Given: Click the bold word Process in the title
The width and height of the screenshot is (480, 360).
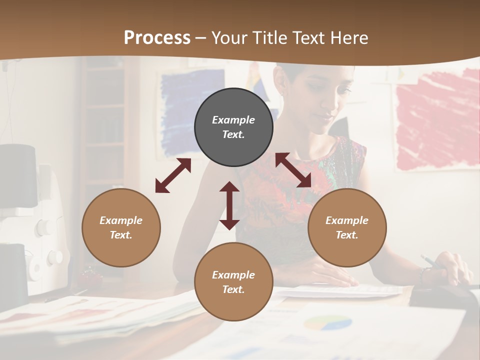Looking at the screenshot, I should coord(157,38).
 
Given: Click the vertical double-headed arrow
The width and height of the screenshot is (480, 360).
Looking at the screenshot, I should coord(229,205).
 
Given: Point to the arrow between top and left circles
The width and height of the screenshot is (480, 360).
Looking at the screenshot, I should coord(173,175).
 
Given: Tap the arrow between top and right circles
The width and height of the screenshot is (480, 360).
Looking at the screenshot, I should coord(293,170).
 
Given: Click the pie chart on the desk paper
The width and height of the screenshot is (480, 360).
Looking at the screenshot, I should coord(327,323).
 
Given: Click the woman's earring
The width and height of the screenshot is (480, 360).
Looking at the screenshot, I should coord(281,93).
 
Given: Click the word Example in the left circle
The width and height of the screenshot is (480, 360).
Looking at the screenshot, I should coord(121,220).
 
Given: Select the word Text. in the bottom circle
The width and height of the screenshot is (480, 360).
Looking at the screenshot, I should coord(233,289).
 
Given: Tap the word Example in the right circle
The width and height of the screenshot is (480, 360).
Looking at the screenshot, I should coord(347,220).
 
